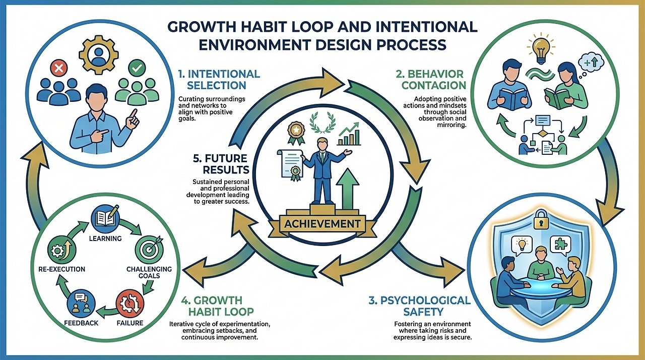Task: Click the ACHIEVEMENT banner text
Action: coord(323,223)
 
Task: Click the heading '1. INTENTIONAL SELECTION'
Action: coord(219,80)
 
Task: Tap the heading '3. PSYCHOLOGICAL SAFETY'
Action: coord(419,307)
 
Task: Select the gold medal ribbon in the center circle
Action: coord(295,132)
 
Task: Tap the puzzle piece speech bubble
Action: coord(560,244)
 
